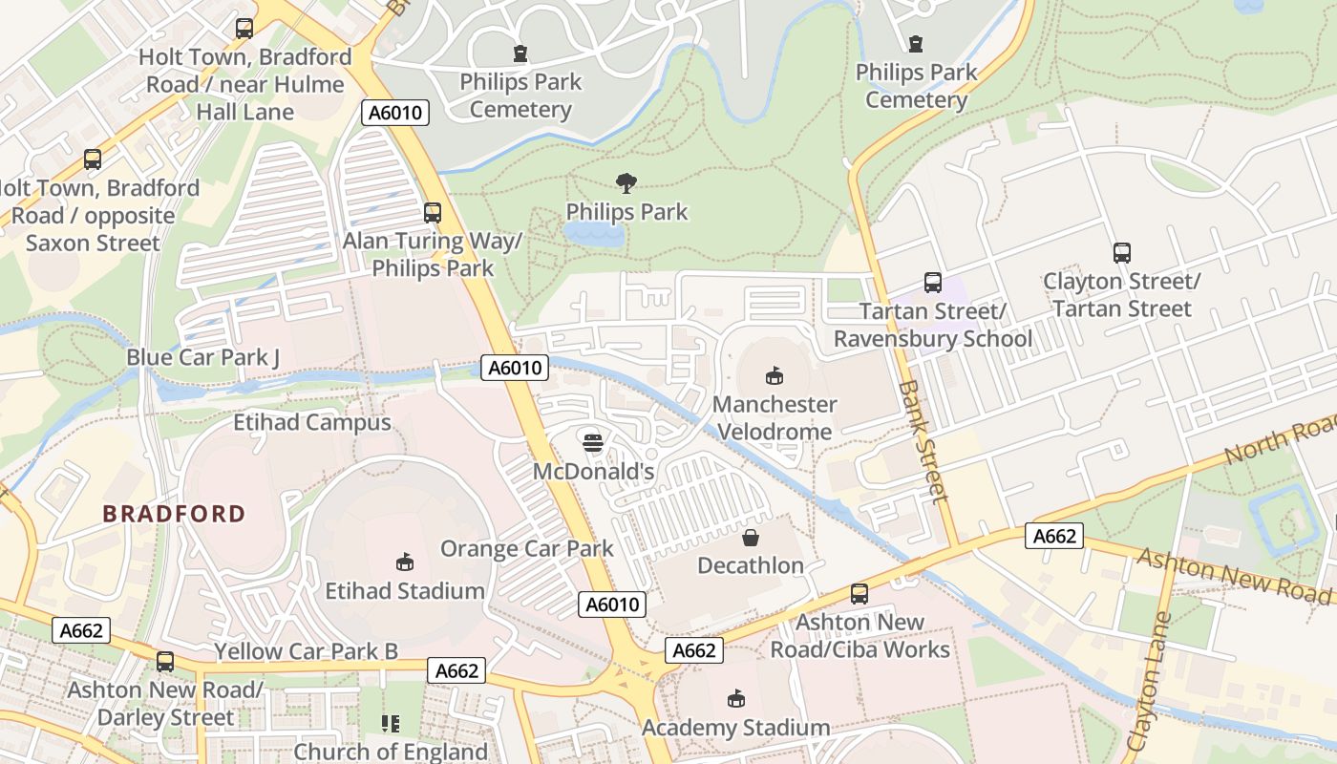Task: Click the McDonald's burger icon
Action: (593, 442)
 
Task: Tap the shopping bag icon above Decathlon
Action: (751, 538)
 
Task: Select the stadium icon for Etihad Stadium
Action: (405, 562)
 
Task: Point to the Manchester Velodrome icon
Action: (775, 375)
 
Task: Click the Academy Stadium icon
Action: (735, 699)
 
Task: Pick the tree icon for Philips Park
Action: (626, 182)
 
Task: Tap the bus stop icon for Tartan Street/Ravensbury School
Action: (932, 283)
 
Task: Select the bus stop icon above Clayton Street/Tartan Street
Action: (1121, 253)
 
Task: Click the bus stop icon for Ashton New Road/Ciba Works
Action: (859, 594)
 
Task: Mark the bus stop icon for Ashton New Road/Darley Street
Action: (165, 661)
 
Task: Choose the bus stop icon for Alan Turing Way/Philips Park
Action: (433, 212)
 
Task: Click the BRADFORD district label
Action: (174, 514)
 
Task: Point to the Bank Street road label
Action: (923, 441)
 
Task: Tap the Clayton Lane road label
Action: (1150, 681)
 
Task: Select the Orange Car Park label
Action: (526, 548)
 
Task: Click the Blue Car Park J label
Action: (202, 357)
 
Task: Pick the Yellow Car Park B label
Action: (306, 651)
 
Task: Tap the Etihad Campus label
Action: (312, 422)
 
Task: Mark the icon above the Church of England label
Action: (390, 724)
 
